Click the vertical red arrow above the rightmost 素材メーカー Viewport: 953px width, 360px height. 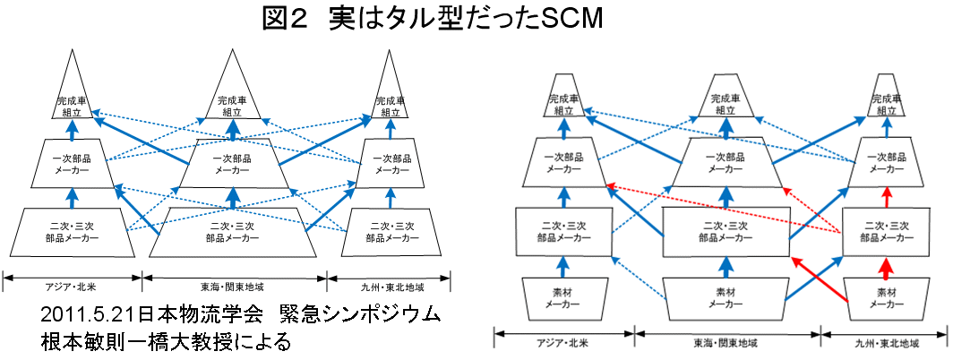886,266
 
